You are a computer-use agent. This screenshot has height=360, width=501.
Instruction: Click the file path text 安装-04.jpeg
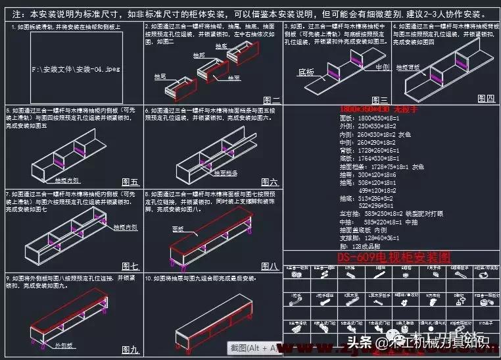[x=76, y=68]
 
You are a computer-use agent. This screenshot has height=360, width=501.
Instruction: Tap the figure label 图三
[x=379, y=100]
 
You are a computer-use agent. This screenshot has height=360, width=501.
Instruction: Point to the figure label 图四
[x=486, y=98]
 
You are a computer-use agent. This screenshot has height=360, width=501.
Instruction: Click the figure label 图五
[x=130, y=182]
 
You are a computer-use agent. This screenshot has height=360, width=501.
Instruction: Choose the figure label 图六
[x=270, y=182]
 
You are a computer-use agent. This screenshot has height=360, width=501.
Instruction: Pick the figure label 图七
[x=130, y=267]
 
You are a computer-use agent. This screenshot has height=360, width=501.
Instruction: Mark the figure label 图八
[x=270, y=266]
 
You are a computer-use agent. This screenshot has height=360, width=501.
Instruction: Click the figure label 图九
[x=130, y=350]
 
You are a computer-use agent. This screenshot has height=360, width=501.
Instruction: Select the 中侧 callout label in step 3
[x=382, y=67]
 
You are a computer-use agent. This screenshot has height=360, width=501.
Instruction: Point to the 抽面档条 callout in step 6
[x=225, y=173]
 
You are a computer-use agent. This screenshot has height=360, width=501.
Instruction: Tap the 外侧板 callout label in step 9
[x=64, y=344]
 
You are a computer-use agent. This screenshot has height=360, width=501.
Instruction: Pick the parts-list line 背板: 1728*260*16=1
[x=360, y=150]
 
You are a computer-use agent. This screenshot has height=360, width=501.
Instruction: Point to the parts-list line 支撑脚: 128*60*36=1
[x=361, y=237]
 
